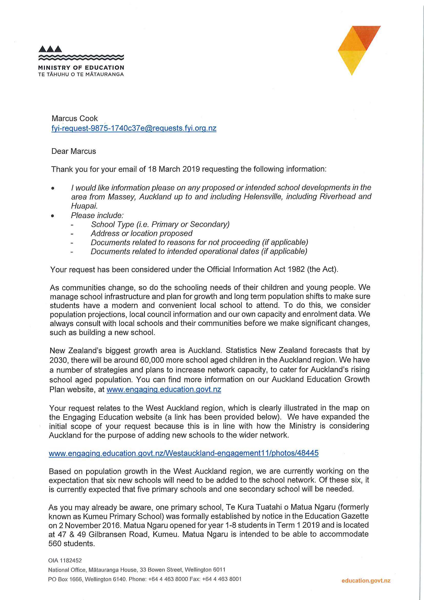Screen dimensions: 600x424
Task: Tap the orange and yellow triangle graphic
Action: [359, 50]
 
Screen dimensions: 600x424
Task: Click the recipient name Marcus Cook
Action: [74, 118]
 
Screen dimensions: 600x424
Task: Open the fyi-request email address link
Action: [134, 128]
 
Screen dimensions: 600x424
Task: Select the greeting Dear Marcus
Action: [74, 151]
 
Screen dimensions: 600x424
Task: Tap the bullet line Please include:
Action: [97, 215]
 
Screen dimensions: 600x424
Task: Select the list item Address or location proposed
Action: [142, 233]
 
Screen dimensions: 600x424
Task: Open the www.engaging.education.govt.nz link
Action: [164, 389]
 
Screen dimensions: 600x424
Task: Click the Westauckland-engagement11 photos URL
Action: [184, 453]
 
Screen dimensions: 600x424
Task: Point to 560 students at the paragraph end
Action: [71, 543]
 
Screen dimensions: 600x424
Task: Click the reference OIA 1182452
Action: [65, 560]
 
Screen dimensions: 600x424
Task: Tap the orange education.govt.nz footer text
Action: [366, 581]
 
